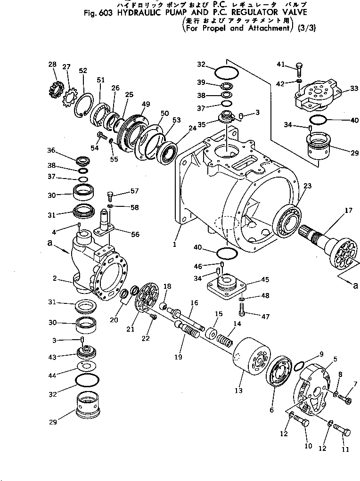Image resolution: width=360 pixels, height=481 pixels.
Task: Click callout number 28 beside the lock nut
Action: click(52, 64)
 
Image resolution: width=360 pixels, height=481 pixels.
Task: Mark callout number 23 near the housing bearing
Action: click(307, 186)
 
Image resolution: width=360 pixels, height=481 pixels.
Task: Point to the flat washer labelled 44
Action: click(86, 368)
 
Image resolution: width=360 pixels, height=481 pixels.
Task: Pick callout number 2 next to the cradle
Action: click(55, 278)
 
